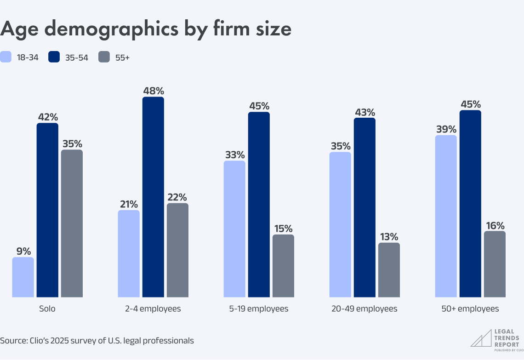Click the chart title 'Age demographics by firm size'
coord(146,29)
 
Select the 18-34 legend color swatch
coord(6,57)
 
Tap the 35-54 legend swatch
coord(54,57)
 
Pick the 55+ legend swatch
coord(104,57)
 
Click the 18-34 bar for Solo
coord(23,277)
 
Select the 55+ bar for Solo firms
coord(72,223)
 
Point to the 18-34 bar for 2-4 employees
coord(129,253)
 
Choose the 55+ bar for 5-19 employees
coord(283,265)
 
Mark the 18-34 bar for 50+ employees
coord(446,216)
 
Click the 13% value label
coord(389,237)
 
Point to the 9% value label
coord(23,251)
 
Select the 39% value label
coord(446,129)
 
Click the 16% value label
coord(495,225)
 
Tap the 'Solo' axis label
coord(47,309)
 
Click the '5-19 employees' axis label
coord(259,309)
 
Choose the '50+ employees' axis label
coord(470,309)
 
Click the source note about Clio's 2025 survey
coord(97,341)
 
